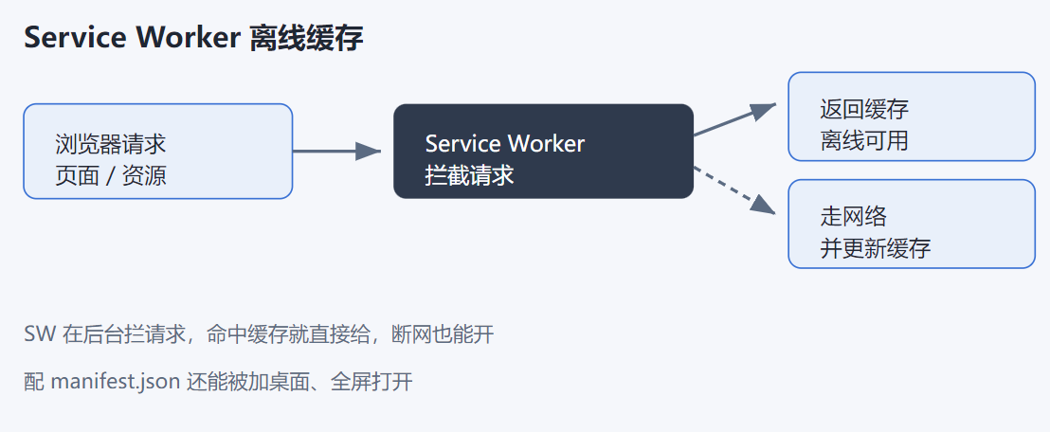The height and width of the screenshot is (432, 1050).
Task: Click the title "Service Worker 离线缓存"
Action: tap(193, 39)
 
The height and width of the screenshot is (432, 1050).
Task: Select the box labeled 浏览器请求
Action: tap(158, 152)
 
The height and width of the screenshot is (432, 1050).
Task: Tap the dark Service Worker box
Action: tap(543, 152)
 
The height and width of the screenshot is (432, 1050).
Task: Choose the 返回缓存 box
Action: tap(912, 117)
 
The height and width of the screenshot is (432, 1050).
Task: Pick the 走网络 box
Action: tap(912, 224)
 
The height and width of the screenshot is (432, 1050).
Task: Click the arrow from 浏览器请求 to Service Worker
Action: tap(336, 152)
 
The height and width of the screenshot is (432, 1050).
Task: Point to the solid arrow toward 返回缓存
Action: tap(734, 119)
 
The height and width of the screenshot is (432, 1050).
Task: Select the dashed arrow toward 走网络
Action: tap(734, 190)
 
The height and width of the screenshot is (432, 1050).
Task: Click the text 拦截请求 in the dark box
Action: tap(469, 175)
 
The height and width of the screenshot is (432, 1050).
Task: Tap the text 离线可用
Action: tap(864, 140)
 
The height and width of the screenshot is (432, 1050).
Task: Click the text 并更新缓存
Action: tap(876, 248)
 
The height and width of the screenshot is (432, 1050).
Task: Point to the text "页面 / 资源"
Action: tap(111, 175)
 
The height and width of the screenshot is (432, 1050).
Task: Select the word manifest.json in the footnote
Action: tap(116, 383)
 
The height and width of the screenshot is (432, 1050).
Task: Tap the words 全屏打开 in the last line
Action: tap(371, 383)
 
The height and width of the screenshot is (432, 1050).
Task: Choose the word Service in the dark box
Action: tap(462, 143)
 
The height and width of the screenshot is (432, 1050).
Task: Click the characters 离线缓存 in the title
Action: tap(307, 39)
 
